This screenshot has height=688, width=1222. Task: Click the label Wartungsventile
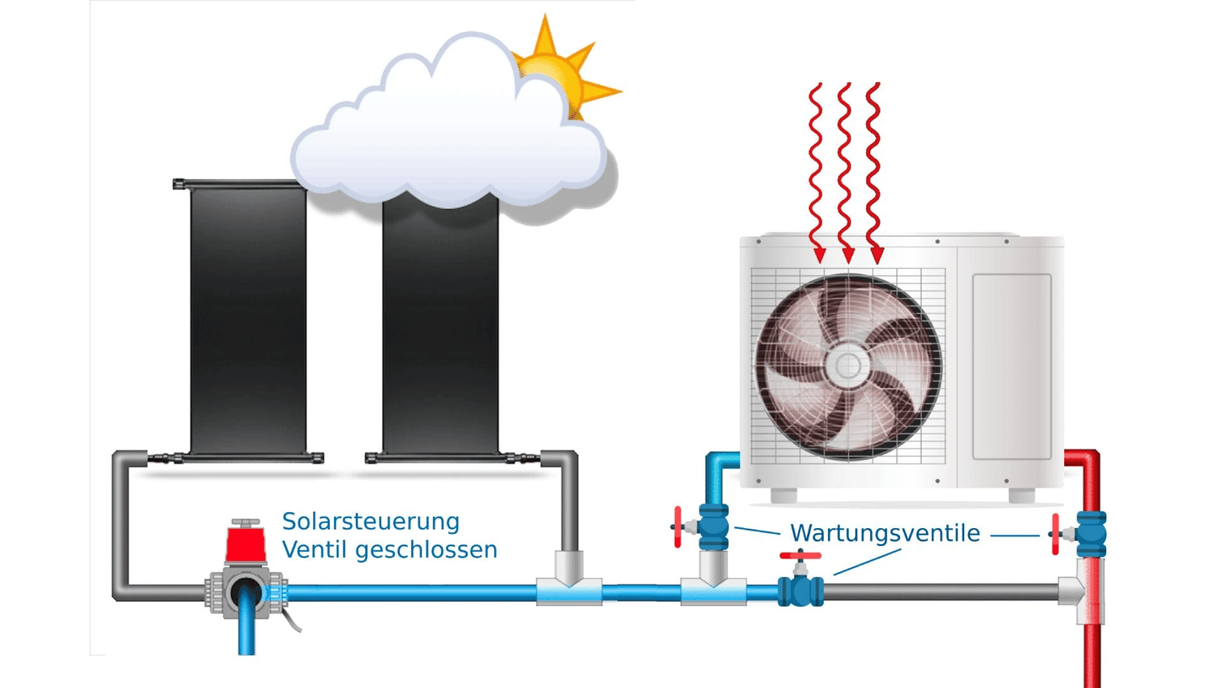point(885,534)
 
